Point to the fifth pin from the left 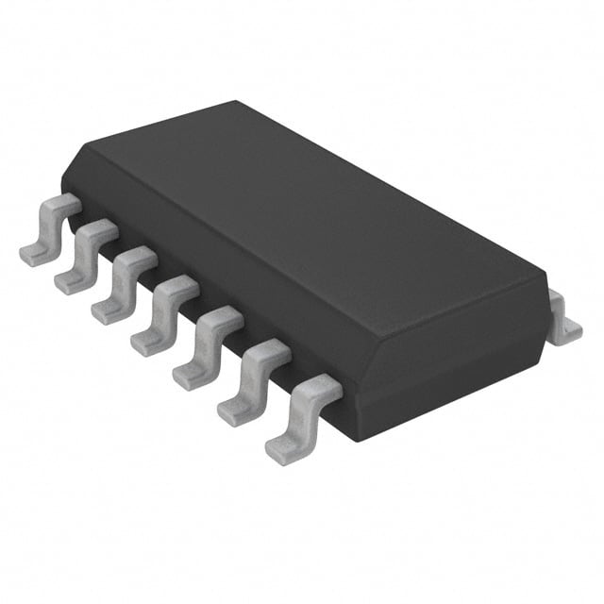point(208,347)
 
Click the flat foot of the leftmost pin point(34,253)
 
